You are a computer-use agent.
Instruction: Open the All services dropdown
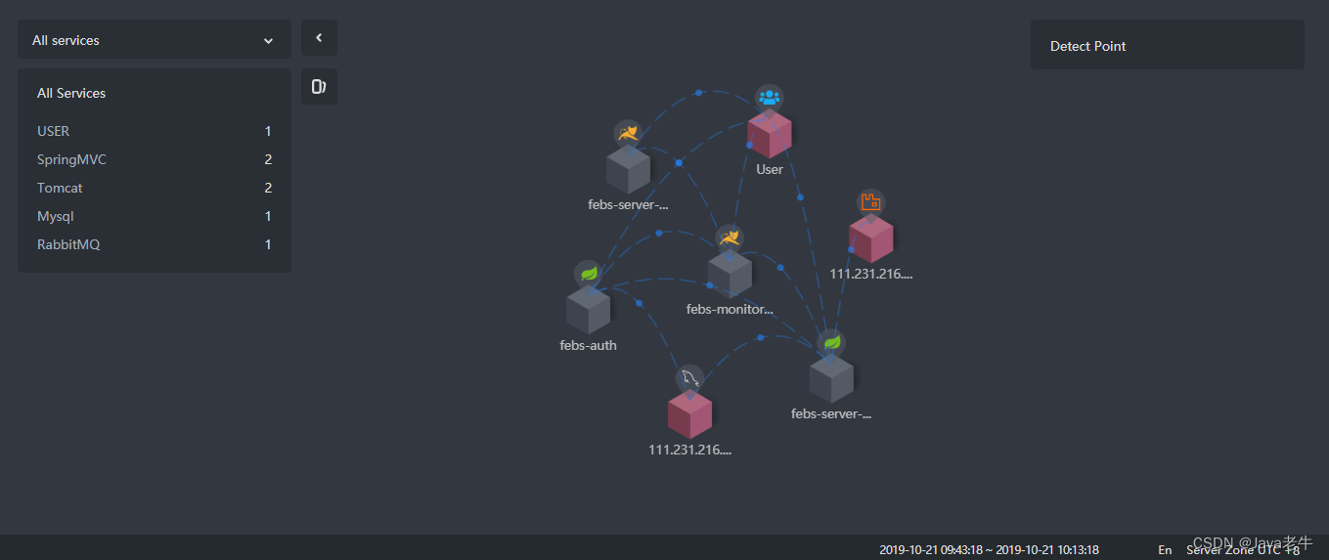(154, 40)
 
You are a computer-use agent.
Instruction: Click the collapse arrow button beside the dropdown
(319, 38)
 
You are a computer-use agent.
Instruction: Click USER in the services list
(54, 131)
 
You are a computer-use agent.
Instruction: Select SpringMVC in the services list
(71, 159)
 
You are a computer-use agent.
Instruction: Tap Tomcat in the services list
(60, 188)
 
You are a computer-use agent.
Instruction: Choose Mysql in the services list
(56, 216)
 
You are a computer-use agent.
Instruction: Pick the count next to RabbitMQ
(268, 244)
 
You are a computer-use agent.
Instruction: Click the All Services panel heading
(71, 93)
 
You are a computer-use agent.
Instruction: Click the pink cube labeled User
(770, 135)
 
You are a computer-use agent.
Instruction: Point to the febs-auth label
(588, 345)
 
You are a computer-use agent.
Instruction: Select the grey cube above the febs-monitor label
(730, 275)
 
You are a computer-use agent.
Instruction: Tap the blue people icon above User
(770, 98)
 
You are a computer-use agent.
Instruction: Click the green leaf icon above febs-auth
(588, 274)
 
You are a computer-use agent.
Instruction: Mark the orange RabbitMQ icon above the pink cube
(870, 202)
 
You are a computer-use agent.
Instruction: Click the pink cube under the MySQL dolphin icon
(690, 414)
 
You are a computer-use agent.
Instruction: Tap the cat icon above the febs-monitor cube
(729, 238)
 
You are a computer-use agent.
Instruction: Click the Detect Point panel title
(1087, 46)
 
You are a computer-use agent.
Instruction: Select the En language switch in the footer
(1165, 550)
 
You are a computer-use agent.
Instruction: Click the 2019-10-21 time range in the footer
(989, 550)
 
